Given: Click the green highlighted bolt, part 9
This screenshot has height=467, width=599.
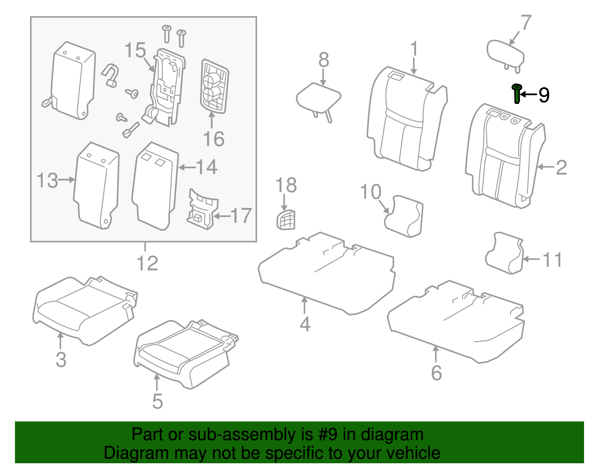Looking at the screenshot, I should point(517,94).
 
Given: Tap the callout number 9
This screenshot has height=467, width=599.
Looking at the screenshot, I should point(544,95).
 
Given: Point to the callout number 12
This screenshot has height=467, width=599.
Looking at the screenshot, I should point(147,263).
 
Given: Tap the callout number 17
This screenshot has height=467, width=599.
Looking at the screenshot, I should point(241,216).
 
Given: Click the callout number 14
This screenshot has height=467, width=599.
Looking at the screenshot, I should point(206,167).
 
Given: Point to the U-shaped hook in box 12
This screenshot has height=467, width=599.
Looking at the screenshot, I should point(110,75).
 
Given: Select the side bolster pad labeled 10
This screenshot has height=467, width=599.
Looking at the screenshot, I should point(404,216).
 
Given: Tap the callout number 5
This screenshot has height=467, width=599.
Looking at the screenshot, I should point(157,401).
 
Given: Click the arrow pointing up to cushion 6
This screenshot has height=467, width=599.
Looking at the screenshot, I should point(436,353).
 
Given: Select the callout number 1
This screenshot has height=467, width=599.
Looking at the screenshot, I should point(414,49).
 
